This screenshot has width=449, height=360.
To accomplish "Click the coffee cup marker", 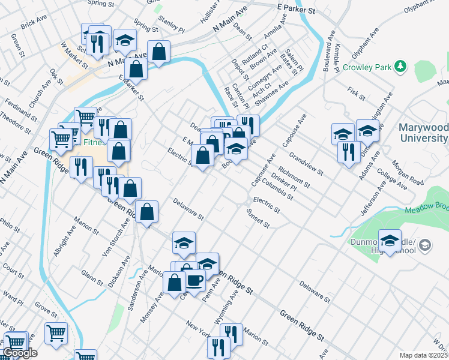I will point(194,280).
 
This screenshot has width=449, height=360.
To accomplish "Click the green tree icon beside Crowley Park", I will point(401,67).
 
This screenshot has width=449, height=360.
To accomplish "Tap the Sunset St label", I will point(258,218).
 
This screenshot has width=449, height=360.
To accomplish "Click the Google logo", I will point(20,353).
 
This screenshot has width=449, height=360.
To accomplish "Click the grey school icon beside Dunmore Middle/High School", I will point(425,245).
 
